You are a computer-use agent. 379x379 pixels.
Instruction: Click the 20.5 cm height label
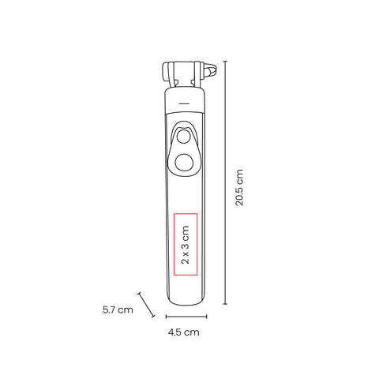239,188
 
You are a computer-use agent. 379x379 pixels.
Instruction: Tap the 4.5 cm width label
184,332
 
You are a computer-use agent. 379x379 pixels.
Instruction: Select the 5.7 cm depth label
118,310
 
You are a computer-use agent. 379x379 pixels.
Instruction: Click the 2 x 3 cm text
186,245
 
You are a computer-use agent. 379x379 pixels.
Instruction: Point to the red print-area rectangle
174,244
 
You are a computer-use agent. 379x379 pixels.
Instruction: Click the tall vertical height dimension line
225,182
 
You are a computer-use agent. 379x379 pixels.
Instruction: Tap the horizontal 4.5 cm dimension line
186,317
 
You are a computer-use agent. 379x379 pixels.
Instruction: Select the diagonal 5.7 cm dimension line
146,305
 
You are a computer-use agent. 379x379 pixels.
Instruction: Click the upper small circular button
183,137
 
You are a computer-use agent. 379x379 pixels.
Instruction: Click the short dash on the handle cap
184,103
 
